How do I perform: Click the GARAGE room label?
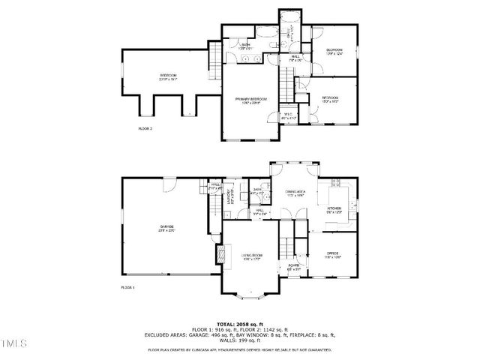click(x=166, y=227)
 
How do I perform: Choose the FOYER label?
click(x=294, y=266)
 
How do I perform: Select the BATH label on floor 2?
click(x=246, y=46)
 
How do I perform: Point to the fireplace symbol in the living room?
click(x=220, y=255)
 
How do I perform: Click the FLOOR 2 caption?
click(x=145, y=129)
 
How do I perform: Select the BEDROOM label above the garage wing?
click(x=167, y=76)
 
